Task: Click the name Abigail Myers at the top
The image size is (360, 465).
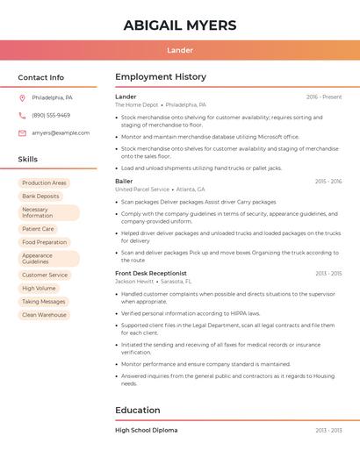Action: (x=180, y=25)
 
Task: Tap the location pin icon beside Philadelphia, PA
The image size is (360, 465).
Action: (x=22, y=97)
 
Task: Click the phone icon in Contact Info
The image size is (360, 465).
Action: (x=22, y=115)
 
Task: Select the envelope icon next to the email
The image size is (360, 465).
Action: (x=22, y=133)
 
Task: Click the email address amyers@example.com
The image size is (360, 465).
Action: (x=61, y=133)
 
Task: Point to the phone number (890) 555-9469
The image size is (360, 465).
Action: (x=51, y=115)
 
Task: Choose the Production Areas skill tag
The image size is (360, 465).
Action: (x=44, y=183)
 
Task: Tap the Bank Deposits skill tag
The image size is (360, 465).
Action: (x=41, y=197)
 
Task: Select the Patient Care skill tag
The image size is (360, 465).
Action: (x=38, y=229)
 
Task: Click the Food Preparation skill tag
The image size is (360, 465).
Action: (x=45, y=242)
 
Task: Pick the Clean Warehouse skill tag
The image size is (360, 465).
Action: (x=44, y=315)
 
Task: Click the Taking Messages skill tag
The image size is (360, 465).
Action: (x=44, y=302)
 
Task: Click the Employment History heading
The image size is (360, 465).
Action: (x=161, y=77)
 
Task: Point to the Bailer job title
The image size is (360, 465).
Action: (x=124, y=182)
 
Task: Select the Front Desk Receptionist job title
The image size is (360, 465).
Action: (x=151, y=274)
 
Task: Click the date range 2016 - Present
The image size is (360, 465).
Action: (x=324, y=97)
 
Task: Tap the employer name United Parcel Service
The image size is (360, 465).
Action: (x=142, y=190)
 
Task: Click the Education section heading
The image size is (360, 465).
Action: (x=137, y=410)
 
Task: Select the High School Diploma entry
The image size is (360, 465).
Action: (x=146, y=431)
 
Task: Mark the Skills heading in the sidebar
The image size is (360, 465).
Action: (x=28, y=160)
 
